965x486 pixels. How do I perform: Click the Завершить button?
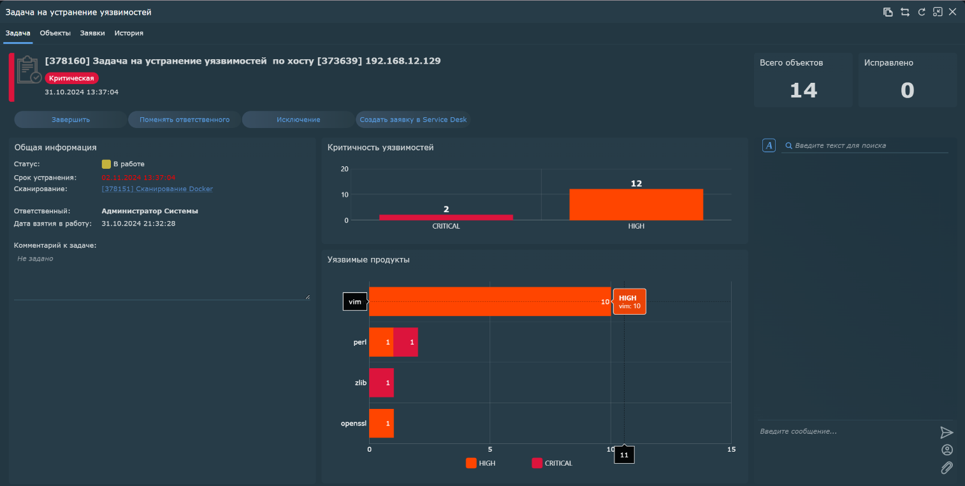pyautogui.click(x=71, y=120)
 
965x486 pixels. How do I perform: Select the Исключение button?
pyautogui.click(x=298, y=120)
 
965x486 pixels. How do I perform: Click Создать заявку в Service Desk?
pyautogui.click(x=413, y=120)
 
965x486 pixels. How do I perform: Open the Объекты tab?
pyautogui.click(x=55, y=33)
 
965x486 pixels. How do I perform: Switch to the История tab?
pyautogui.click(x=129, y=33)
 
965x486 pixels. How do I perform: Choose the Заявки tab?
pyautogui.click(x=92, y=33)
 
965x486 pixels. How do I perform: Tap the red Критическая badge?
pyautogui.click(x=72, y=78)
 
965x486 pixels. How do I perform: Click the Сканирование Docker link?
pyautogui.click(x=157, y=189)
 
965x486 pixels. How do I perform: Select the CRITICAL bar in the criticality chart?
pyautogui.click(x=446, y=217)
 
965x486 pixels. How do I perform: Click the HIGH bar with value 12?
pyautogui.click(x=636, y=204)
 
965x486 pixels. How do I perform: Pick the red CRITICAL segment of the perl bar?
pyautogui.click(x=406, y=343)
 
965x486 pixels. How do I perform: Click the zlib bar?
pyautogui.click(x=381, y=383)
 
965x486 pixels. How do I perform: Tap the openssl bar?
pyautogui.click(x=381, y=423)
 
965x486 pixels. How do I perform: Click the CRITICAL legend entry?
pyautogui.click(x=552, y=464)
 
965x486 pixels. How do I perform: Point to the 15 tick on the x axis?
pyautogui.click(x=731, y=450)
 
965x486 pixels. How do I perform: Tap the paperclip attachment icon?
pyautogui.click(x=947, y=468)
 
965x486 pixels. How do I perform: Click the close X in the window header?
pyautogui.click(x=953, y=12)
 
